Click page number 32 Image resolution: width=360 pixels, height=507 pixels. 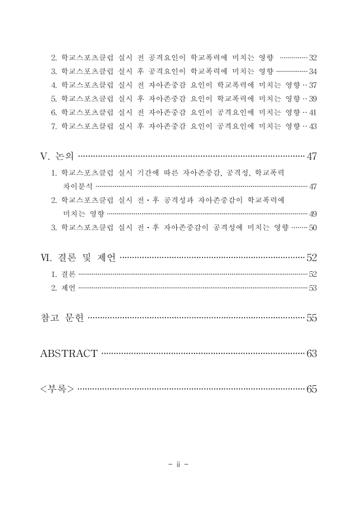tap(312, 57)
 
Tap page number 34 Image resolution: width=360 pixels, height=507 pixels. tap(312, 71)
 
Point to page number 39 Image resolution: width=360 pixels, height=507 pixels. tap(312, 98)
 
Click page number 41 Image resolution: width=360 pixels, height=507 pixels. tap(312, 112)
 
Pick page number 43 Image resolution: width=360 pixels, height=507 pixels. tap(312, 126)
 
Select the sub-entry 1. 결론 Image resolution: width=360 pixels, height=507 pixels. tap(63, 274)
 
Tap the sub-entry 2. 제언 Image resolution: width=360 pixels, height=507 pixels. tap(63, 288)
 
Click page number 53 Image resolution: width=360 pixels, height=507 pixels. tap(312, 288)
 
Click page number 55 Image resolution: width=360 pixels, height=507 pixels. tap(311, 318)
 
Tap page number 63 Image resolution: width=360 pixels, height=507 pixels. tap(311, 354)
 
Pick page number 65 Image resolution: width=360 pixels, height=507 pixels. tap(311, 388)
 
